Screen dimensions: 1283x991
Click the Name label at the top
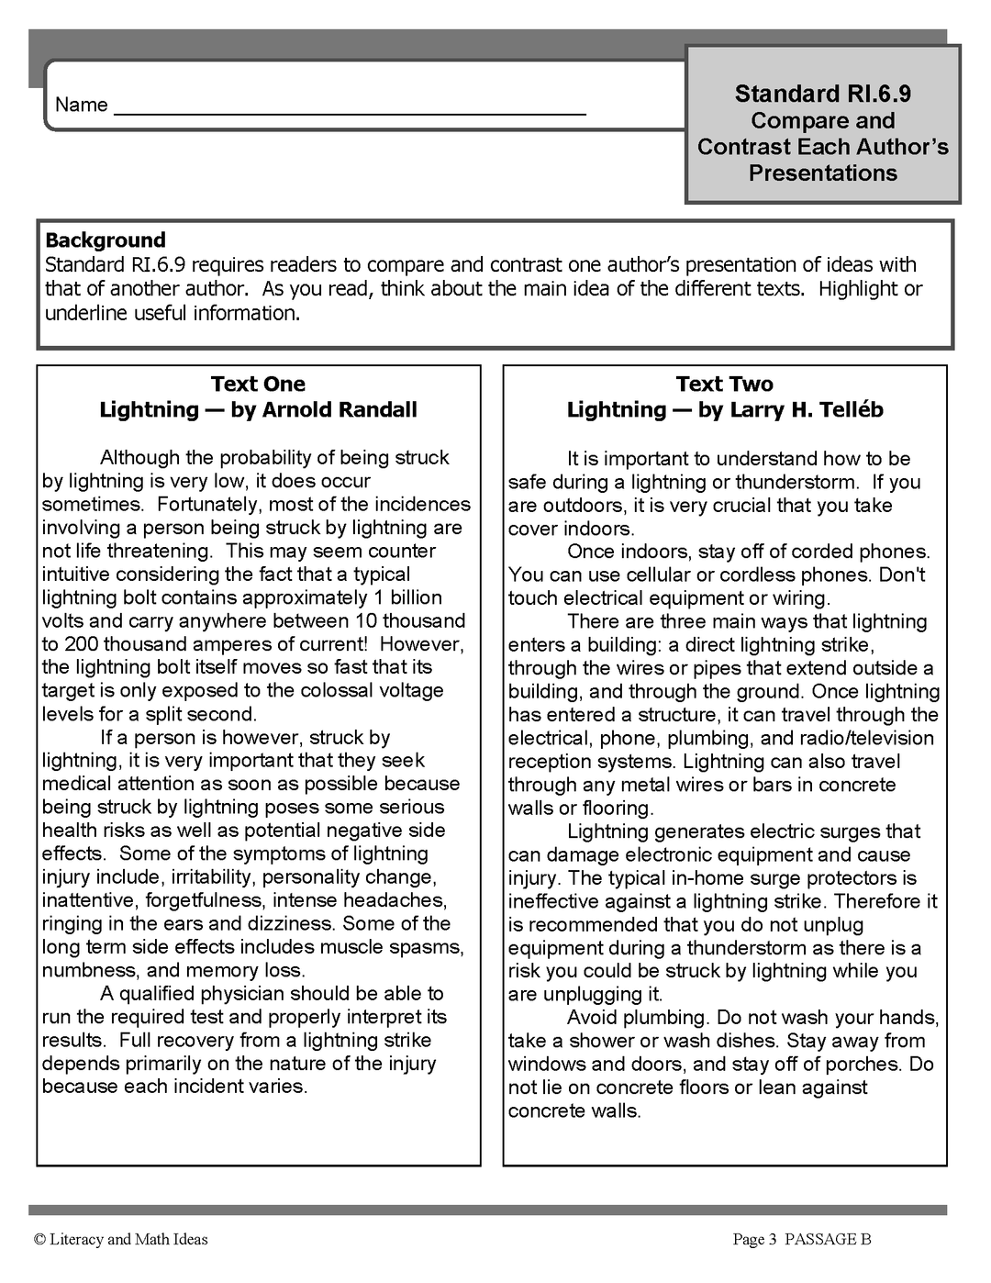[x=81, y=105]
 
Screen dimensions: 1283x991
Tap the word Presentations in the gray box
[x=822, y=173]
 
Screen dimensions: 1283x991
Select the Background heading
[x=106, y=240]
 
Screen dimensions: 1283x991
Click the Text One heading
[x=258, y=384]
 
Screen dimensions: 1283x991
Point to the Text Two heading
[x=724, y=384]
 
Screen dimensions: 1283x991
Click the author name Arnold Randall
[x=340, y=409]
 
